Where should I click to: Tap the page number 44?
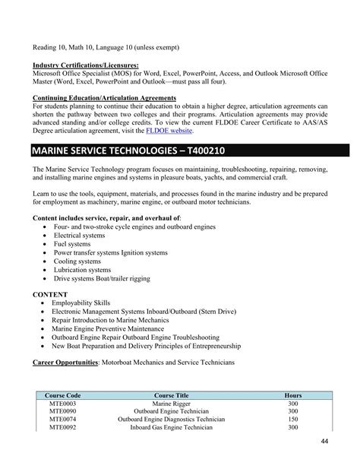[x=324, y=442]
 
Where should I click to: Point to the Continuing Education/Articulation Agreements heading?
[x=105, y=97]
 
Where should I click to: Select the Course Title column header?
[x=171, y=395]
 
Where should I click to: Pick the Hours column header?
[x=292, y=395]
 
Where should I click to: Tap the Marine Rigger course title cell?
[x=171, y=403]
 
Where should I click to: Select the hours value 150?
[x=292, y=419]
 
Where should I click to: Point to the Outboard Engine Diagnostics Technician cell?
[x=171, y=419]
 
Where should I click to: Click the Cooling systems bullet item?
[x=76, y=261]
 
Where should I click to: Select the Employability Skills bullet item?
[x=81, y=303]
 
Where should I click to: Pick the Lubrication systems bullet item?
[x=81, y=269]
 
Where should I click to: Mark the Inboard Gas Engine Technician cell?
[x=171, y=427]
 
